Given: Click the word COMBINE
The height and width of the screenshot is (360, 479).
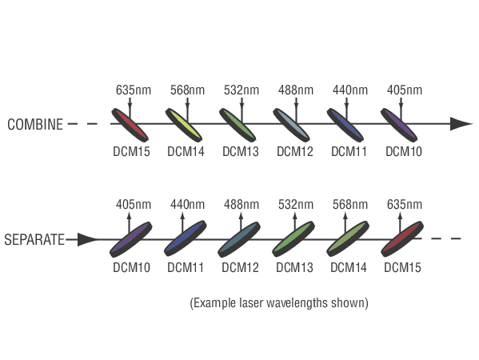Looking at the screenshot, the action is click(35, 125).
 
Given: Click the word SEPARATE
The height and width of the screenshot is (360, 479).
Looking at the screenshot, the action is click(34, 239).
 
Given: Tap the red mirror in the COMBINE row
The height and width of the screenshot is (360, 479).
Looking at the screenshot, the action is click(130, 125).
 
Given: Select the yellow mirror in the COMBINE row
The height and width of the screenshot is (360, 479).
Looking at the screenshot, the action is click(184, 125).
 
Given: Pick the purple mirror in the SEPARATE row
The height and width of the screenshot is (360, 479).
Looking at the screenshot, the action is click(131, 239).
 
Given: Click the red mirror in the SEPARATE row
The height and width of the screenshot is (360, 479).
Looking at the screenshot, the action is click(402, 239).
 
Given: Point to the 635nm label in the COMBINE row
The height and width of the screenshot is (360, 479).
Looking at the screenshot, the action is click(134, 90).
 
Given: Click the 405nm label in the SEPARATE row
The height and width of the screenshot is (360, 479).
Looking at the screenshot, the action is click(134, 205).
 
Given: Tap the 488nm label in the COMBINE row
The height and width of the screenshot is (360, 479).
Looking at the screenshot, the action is click(296, 90).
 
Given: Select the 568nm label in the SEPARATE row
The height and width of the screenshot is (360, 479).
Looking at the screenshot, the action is click(350, 205).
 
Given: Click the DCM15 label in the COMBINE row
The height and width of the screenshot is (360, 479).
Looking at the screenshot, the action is click(131, 151).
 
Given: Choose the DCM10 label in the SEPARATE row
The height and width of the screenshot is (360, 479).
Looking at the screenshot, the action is click(131, 267).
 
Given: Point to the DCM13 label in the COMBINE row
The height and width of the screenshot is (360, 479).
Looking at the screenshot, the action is click(241, 151).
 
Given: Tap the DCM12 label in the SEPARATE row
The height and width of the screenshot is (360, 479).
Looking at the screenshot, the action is click(240, 267).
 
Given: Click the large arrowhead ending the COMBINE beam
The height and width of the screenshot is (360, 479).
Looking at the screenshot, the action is click(461, 124).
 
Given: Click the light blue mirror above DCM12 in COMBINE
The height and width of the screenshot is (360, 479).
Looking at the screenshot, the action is click(291, 125).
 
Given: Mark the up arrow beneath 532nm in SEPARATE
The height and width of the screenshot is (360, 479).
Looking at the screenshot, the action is click(295, 222).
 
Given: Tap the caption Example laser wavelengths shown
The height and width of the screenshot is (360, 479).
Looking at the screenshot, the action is click(279, 303).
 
